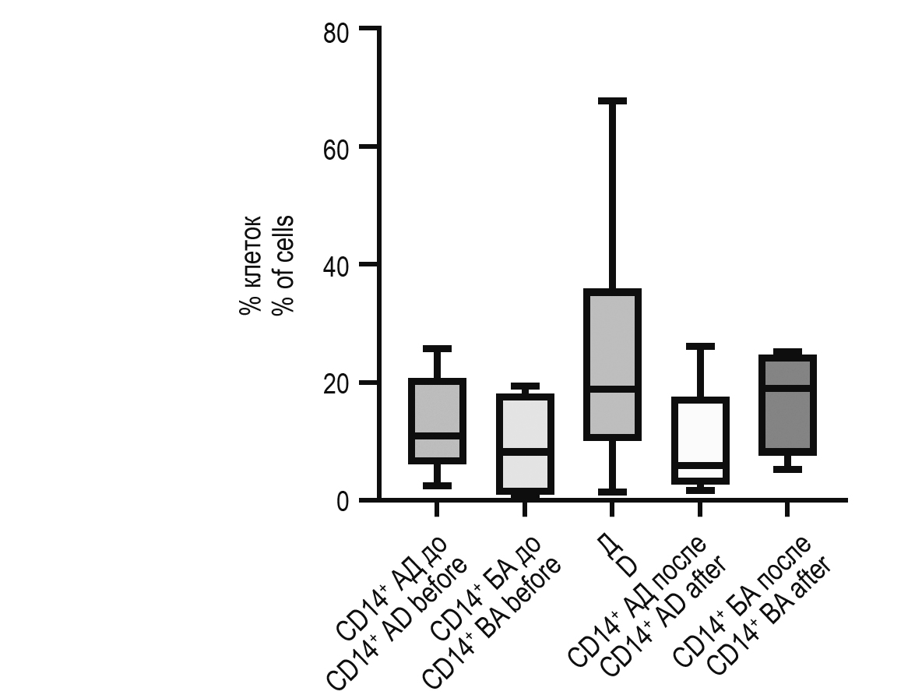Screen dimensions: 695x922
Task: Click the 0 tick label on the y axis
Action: (x=343, y=501)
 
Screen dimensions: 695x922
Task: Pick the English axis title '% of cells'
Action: (x=283, y=265)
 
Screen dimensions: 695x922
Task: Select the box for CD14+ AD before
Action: (x=437, y=421)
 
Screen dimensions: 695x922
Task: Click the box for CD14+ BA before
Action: (x=524, y=444)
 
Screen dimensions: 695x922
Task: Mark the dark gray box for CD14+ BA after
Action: (x=787, y=405)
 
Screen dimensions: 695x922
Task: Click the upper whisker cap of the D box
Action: (x=612, y=101)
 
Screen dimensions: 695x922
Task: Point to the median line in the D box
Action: (x=612, y=388)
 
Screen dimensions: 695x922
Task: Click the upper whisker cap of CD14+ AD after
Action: (x=700, y=346)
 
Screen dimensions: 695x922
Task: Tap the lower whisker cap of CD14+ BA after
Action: (x=787, y=469)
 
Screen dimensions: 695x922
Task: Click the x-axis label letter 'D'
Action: (x=628, y=566)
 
